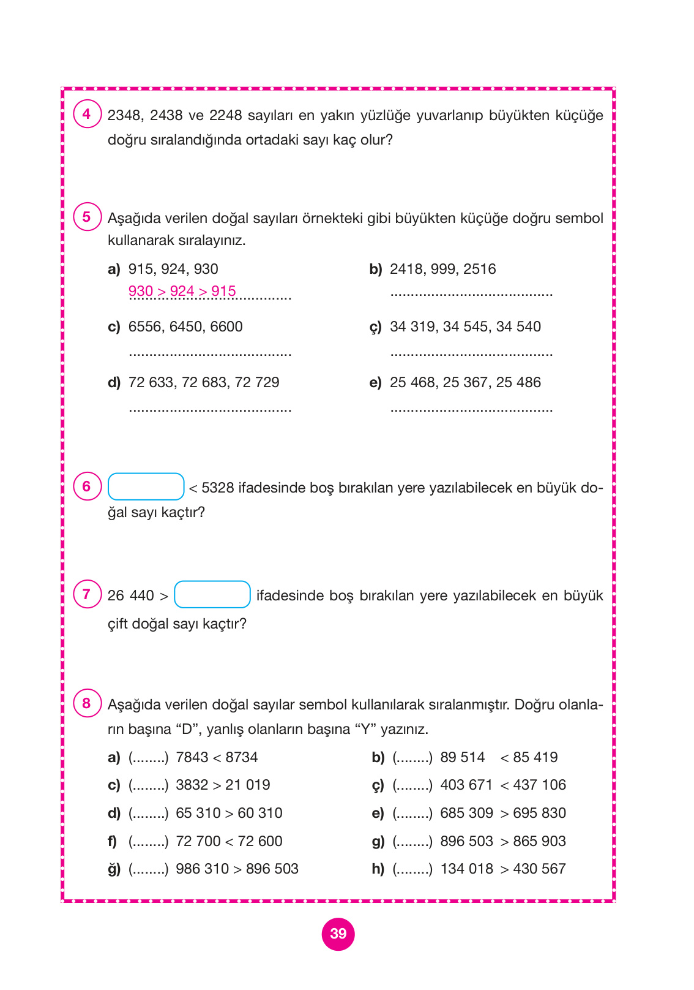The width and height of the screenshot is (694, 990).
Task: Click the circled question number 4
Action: coord(86,114)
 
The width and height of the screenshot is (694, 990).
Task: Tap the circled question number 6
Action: coord(86,486)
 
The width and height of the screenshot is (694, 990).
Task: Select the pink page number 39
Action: coord(338,934)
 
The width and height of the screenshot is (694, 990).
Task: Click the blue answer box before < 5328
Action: coord(146,487)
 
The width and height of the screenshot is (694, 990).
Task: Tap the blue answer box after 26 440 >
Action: coord(212,595)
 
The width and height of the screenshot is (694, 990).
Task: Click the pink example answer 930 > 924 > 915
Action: coord(182,291)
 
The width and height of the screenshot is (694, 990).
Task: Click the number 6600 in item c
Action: coord(226,327)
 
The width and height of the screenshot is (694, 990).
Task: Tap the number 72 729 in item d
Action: coord(257,382)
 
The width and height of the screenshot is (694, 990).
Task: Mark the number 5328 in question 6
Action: coord(218,488)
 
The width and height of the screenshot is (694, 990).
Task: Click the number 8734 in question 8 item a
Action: coord(242,757)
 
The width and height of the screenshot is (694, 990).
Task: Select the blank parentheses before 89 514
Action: coord(412,758)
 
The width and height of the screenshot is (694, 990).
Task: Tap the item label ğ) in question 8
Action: coord(114,869)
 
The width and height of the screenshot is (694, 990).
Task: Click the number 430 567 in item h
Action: coord(539,869)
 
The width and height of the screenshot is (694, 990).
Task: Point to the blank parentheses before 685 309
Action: coord(412,814)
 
